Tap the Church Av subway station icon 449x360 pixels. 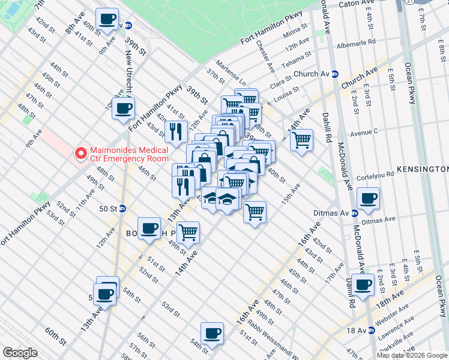click(x=335, y=74)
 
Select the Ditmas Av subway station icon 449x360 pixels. click(x=354, y=212)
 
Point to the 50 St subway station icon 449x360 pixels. click(x=122, y=209)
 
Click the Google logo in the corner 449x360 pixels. click(x=20, y=353)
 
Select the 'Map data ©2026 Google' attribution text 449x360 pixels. click(x=412, y=355)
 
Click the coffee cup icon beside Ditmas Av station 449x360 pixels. click(x=367, y=199)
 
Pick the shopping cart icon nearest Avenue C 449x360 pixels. click(x=301, y=140)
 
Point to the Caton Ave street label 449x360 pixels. click(x=357, y=4)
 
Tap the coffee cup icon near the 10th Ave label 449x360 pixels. click(x=124, y=109)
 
